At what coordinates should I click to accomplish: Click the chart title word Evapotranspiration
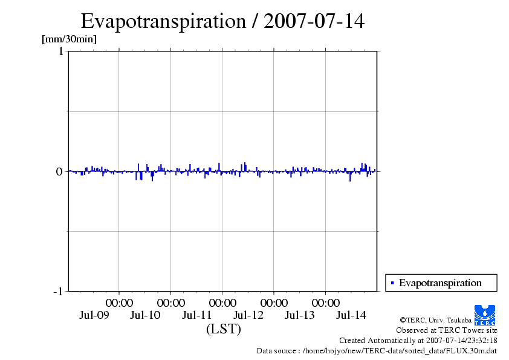point(161,21)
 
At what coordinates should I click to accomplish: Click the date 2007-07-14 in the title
point(314,21)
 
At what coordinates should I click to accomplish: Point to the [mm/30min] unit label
point(69,39)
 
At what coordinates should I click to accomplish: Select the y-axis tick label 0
point(59,171)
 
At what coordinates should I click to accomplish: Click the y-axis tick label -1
point(57,292)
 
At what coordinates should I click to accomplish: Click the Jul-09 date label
point(94,315)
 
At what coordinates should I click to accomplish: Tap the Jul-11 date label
point(197,315)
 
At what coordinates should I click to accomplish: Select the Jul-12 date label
point(248,315)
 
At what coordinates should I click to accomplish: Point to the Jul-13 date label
point(300,315)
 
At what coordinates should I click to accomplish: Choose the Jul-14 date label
point(351,315)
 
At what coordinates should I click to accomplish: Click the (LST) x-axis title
point(223,329)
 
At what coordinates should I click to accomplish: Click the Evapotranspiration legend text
point(440,283)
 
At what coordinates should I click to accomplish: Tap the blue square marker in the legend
point(392,283)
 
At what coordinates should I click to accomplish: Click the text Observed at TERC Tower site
point(446,330)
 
